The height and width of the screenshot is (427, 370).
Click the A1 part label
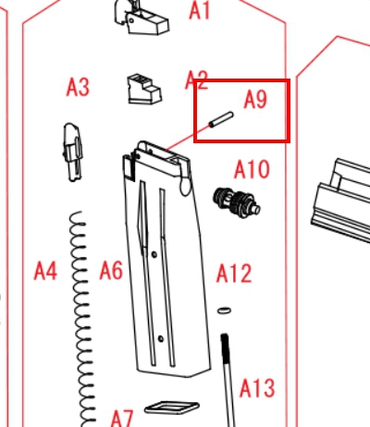(200, 10)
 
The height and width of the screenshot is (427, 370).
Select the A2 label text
(196, 79)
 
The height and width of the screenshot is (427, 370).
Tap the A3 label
(78, 87)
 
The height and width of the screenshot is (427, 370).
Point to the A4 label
(45, 271)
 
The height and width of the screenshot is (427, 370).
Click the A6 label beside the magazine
(111, 270)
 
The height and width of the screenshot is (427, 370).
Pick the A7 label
(122, 419)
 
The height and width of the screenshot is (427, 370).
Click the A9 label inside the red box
(255, 99)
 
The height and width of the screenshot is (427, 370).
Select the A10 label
(252, 169)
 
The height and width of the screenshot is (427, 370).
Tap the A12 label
(234, 273)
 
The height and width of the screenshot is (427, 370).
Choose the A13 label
(257, 387)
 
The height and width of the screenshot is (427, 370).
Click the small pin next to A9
(221, 119)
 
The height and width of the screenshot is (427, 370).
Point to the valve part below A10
(237, 202)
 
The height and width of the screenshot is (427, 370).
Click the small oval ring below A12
(224, 311)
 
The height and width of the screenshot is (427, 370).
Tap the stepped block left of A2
(144, 89)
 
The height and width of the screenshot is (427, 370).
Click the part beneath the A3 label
(73, 152)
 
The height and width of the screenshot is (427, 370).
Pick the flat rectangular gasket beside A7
(172, 408)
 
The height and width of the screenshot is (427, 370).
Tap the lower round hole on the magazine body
(161, 338)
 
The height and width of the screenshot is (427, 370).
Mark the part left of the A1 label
(142, 17)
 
